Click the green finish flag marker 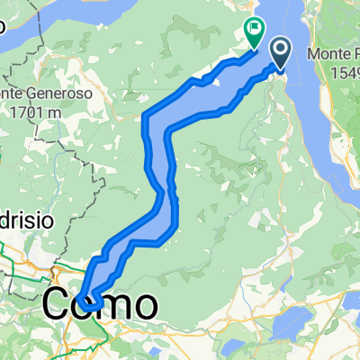click(x=254, y=32)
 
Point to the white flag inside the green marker click(x=255, y=29)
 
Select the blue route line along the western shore click(x=146, y=135)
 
